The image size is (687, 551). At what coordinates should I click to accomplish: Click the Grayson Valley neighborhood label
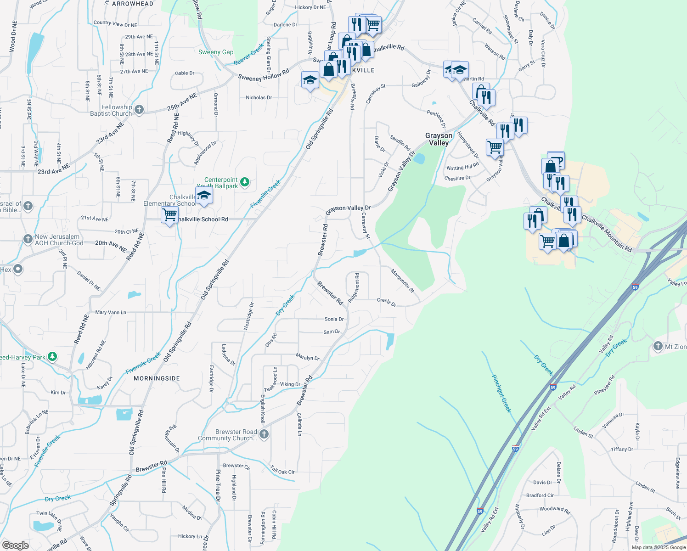439,139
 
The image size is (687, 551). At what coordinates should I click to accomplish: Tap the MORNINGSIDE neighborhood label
157,378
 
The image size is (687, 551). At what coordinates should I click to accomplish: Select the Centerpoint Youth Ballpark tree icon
245,182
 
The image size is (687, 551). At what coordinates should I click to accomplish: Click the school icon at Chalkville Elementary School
204,196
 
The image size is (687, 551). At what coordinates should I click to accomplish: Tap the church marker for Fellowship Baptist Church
139,110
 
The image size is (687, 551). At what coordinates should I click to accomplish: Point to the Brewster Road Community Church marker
264,434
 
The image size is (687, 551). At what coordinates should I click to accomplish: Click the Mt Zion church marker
658,346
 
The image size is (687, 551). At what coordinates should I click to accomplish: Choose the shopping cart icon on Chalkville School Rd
170,214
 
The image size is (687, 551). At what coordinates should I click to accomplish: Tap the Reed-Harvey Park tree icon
52,356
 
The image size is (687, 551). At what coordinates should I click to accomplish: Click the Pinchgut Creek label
501,394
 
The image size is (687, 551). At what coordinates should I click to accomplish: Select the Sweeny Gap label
216,52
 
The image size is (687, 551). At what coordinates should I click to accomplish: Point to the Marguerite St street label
403,281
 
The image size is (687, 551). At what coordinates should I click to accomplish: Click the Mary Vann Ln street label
111,312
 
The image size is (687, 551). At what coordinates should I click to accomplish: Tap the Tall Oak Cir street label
282,469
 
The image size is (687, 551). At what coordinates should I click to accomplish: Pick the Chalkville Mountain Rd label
607,234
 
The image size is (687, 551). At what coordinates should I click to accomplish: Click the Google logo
16,545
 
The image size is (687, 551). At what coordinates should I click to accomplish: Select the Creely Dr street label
387,302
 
